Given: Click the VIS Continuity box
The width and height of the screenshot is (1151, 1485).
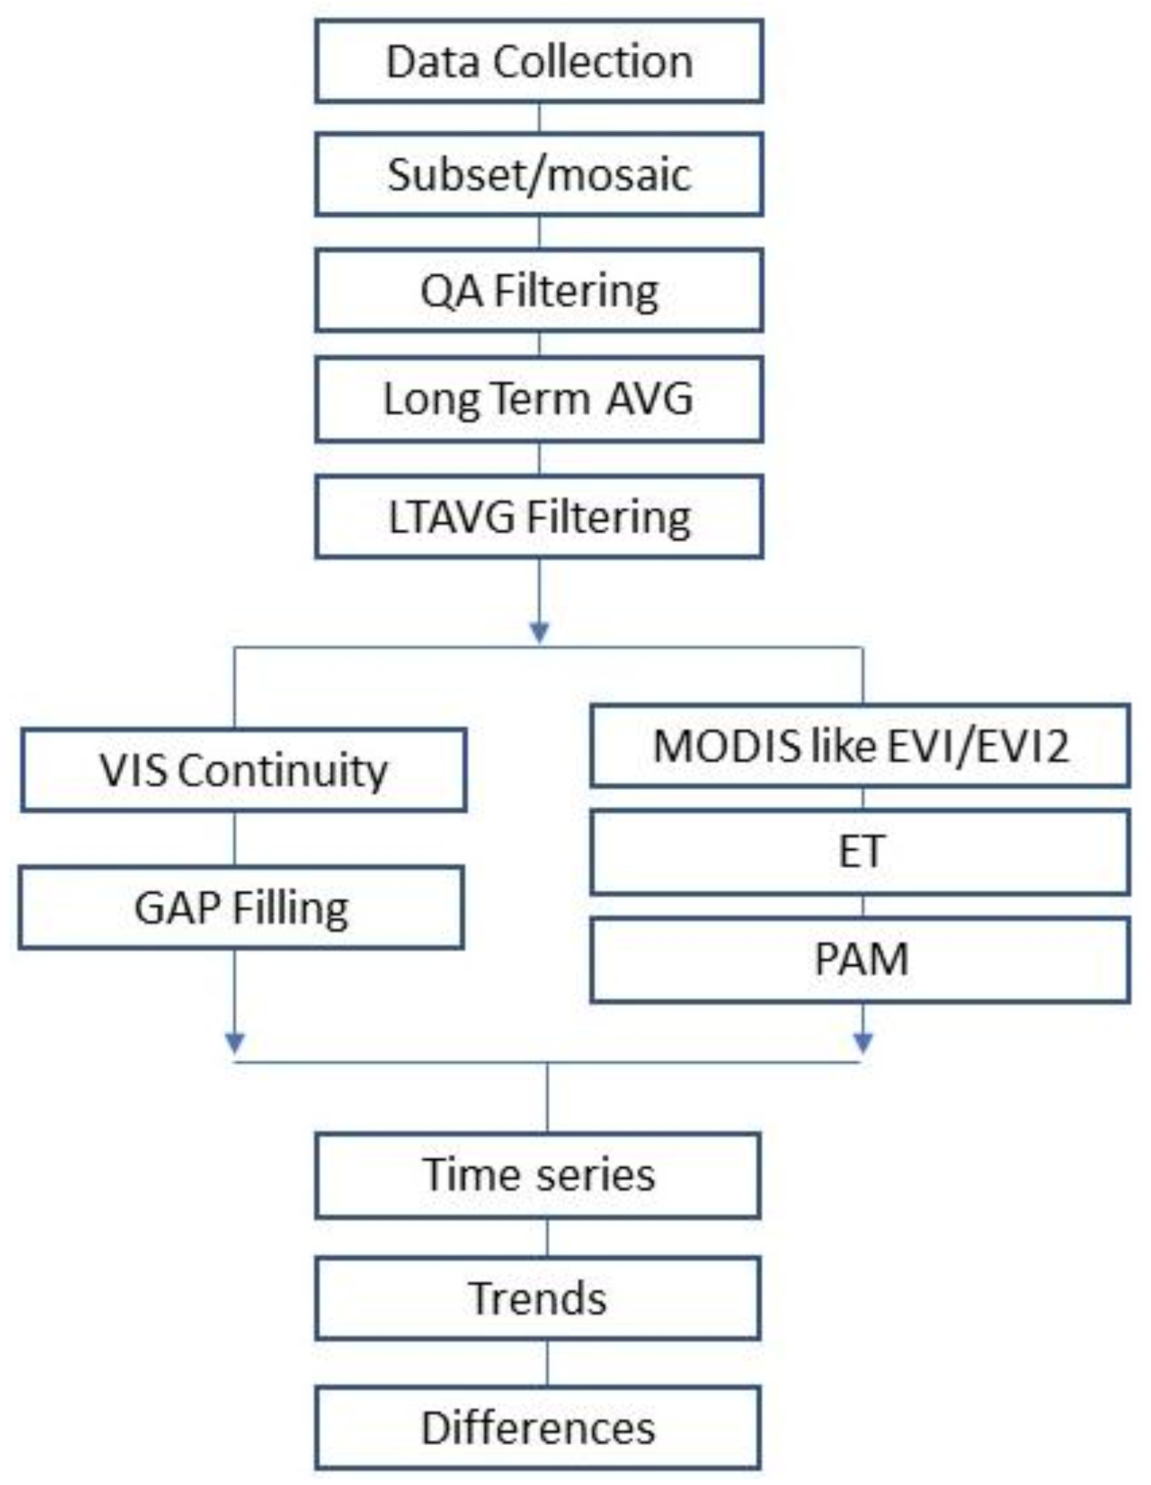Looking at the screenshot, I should [243, 770].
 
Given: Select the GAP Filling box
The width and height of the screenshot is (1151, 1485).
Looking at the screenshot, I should [241, 908].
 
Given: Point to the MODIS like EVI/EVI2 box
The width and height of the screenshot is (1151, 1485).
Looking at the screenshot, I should [860, 746].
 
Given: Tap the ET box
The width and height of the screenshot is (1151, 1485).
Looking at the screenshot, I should [860, 851].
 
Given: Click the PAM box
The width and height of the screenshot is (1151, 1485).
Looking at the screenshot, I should [860, 959].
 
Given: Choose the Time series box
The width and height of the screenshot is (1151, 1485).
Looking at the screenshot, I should [538, 1175].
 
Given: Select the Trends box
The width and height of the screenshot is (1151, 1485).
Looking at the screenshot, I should [538, 1298].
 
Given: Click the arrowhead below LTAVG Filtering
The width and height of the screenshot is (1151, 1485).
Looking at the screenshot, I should [539, 632].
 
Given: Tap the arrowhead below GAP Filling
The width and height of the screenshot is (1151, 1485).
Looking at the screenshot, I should [235, 1042].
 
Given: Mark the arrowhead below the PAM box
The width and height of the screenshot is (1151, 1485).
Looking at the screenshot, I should [863, 1042].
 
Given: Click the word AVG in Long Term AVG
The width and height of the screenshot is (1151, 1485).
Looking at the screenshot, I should [649, 399].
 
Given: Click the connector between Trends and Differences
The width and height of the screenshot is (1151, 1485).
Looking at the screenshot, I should [547, 1364].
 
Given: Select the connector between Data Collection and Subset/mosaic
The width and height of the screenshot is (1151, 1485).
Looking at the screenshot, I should [539, 118].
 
